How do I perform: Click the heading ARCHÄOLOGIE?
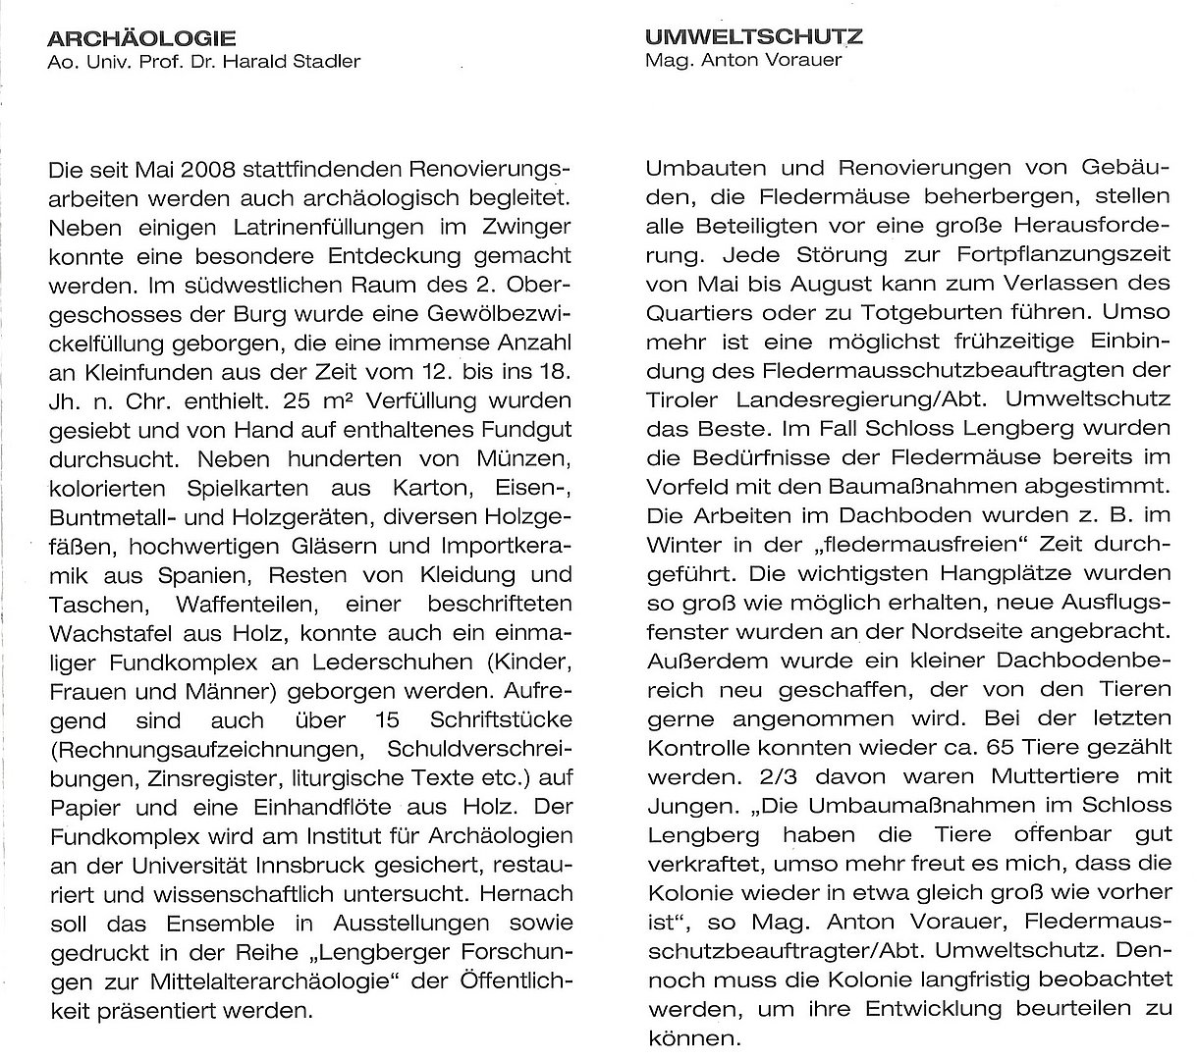pyautogui.click(x=141, y=38)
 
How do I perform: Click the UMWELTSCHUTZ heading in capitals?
pyautogui.click(x=754, y=37)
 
